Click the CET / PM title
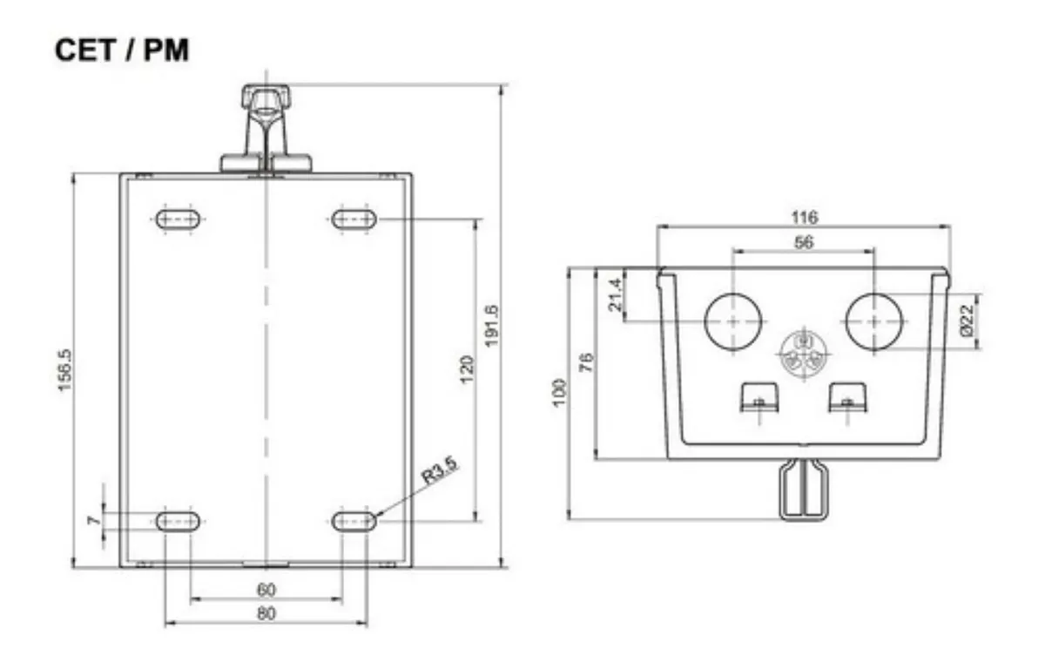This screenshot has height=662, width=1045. (122, 51)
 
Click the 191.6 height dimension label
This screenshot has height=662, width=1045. (492, 326)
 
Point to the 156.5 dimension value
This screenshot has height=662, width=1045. (64, 370)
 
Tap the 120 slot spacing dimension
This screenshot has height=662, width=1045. (467, 369)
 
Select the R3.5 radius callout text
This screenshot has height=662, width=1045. (440, 470)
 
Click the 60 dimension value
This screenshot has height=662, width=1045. (266, 591)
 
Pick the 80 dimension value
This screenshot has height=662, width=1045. (266, 613)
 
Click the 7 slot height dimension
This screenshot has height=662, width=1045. (94, 520)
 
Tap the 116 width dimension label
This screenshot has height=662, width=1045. (805, 218)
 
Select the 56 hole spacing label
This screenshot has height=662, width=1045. (803, 242)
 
